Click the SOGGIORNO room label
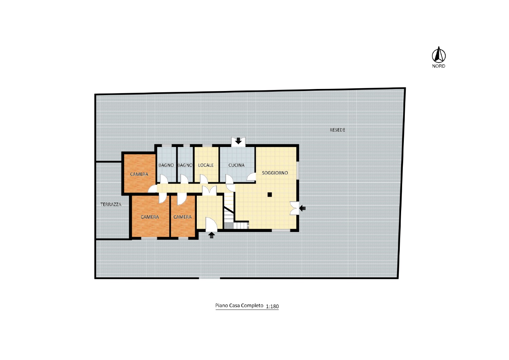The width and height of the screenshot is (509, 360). click(x=275, y=173)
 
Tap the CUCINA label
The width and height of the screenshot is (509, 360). click(x=236, y=165)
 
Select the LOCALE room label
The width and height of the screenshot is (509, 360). click(x=206, y=165)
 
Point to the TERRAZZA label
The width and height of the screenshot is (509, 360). click(x=111, y=204)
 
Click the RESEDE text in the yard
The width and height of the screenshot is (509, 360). click(x=337, y=130)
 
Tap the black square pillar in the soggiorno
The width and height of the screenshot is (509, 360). click(x=270, y=195)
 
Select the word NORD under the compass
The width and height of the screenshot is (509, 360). click(x=438, y=66)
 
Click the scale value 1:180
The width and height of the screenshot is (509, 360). click(x=272, y=306)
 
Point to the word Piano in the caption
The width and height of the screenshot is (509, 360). click(x=222, y=305)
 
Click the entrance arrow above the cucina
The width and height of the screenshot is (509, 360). click(x=238, y=141)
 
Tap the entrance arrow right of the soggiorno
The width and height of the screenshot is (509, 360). click(x=302, y=208)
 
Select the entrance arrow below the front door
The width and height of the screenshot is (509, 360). click(x=211, y=235)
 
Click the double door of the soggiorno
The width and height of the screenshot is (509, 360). click(x=294, y=208)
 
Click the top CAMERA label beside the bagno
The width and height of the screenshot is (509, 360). click(x=139, y=174)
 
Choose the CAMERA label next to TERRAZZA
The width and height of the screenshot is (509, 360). click(x=150, y=217)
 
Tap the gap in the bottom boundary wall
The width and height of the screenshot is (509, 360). click(x=209, y=278)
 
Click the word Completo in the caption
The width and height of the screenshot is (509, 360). click(x=252, y=305)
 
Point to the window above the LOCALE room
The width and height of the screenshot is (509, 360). click(x=207, y=146)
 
